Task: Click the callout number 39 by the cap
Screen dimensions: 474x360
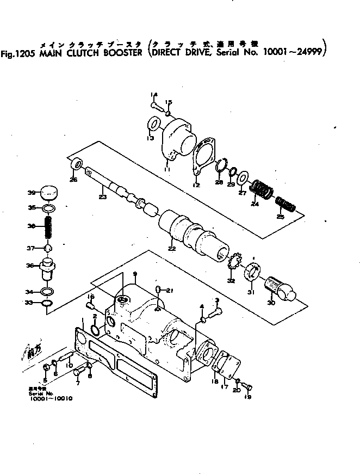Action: click(x=32, y=193)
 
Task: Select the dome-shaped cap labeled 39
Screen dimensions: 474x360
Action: click(x=49, y=193)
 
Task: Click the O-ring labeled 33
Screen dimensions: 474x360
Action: click(x=47, y=303)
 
